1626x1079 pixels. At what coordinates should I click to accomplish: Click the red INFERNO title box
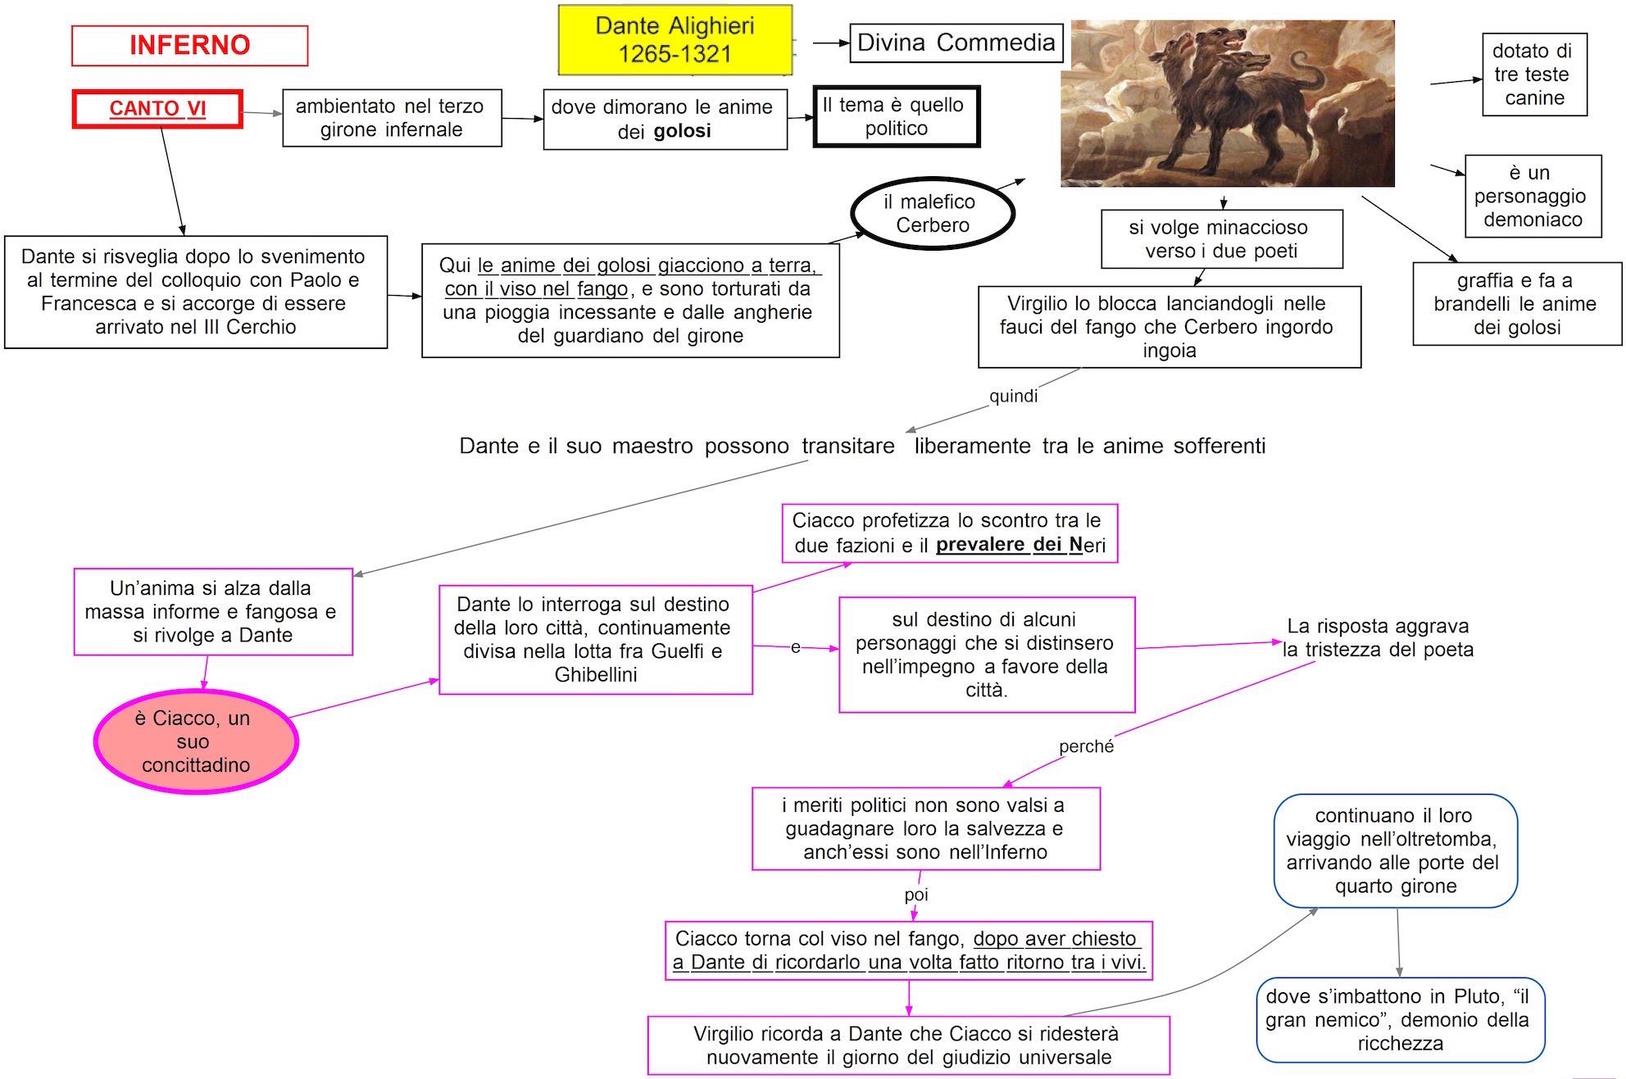click(189, 45)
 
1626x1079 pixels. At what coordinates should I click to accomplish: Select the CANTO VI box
click(157, 109)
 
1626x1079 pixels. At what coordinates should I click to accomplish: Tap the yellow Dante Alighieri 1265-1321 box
click(674, 40)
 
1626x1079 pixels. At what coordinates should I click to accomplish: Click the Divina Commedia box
click(956, 43)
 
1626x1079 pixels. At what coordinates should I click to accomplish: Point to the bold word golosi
click(682, 131)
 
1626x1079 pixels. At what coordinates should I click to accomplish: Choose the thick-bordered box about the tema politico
click(896, 116)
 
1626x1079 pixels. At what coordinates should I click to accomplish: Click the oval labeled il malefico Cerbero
click(933, 213)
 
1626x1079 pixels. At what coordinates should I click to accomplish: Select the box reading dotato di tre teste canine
click(1533, 75)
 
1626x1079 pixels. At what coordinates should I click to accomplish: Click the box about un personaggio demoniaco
click(1533, 196)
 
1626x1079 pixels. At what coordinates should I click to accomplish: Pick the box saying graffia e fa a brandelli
click(1516, 304)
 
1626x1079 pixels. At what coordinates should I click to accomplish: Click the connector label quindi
click(1013, 397)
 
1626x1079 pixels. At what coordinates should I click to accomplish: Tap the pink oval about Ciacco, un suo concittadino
click(196, 741)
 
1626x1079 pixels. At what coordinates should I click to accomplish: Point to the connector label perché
click(1086, 746)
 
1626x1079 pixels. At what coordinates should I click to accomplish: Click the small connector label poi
click(916, 895)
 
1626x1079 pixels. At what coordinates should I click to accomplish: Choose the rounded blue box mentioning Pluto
click(1400, 1019)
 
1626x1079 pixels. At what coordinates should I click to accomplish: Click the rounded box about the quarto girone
click(1395, 850)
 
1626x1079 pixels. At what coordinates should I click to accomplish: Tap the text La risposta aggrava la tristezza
click(1378, 637)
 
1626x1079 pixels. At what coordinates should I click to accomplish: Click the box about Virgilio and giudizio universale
click(908, 1045)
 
